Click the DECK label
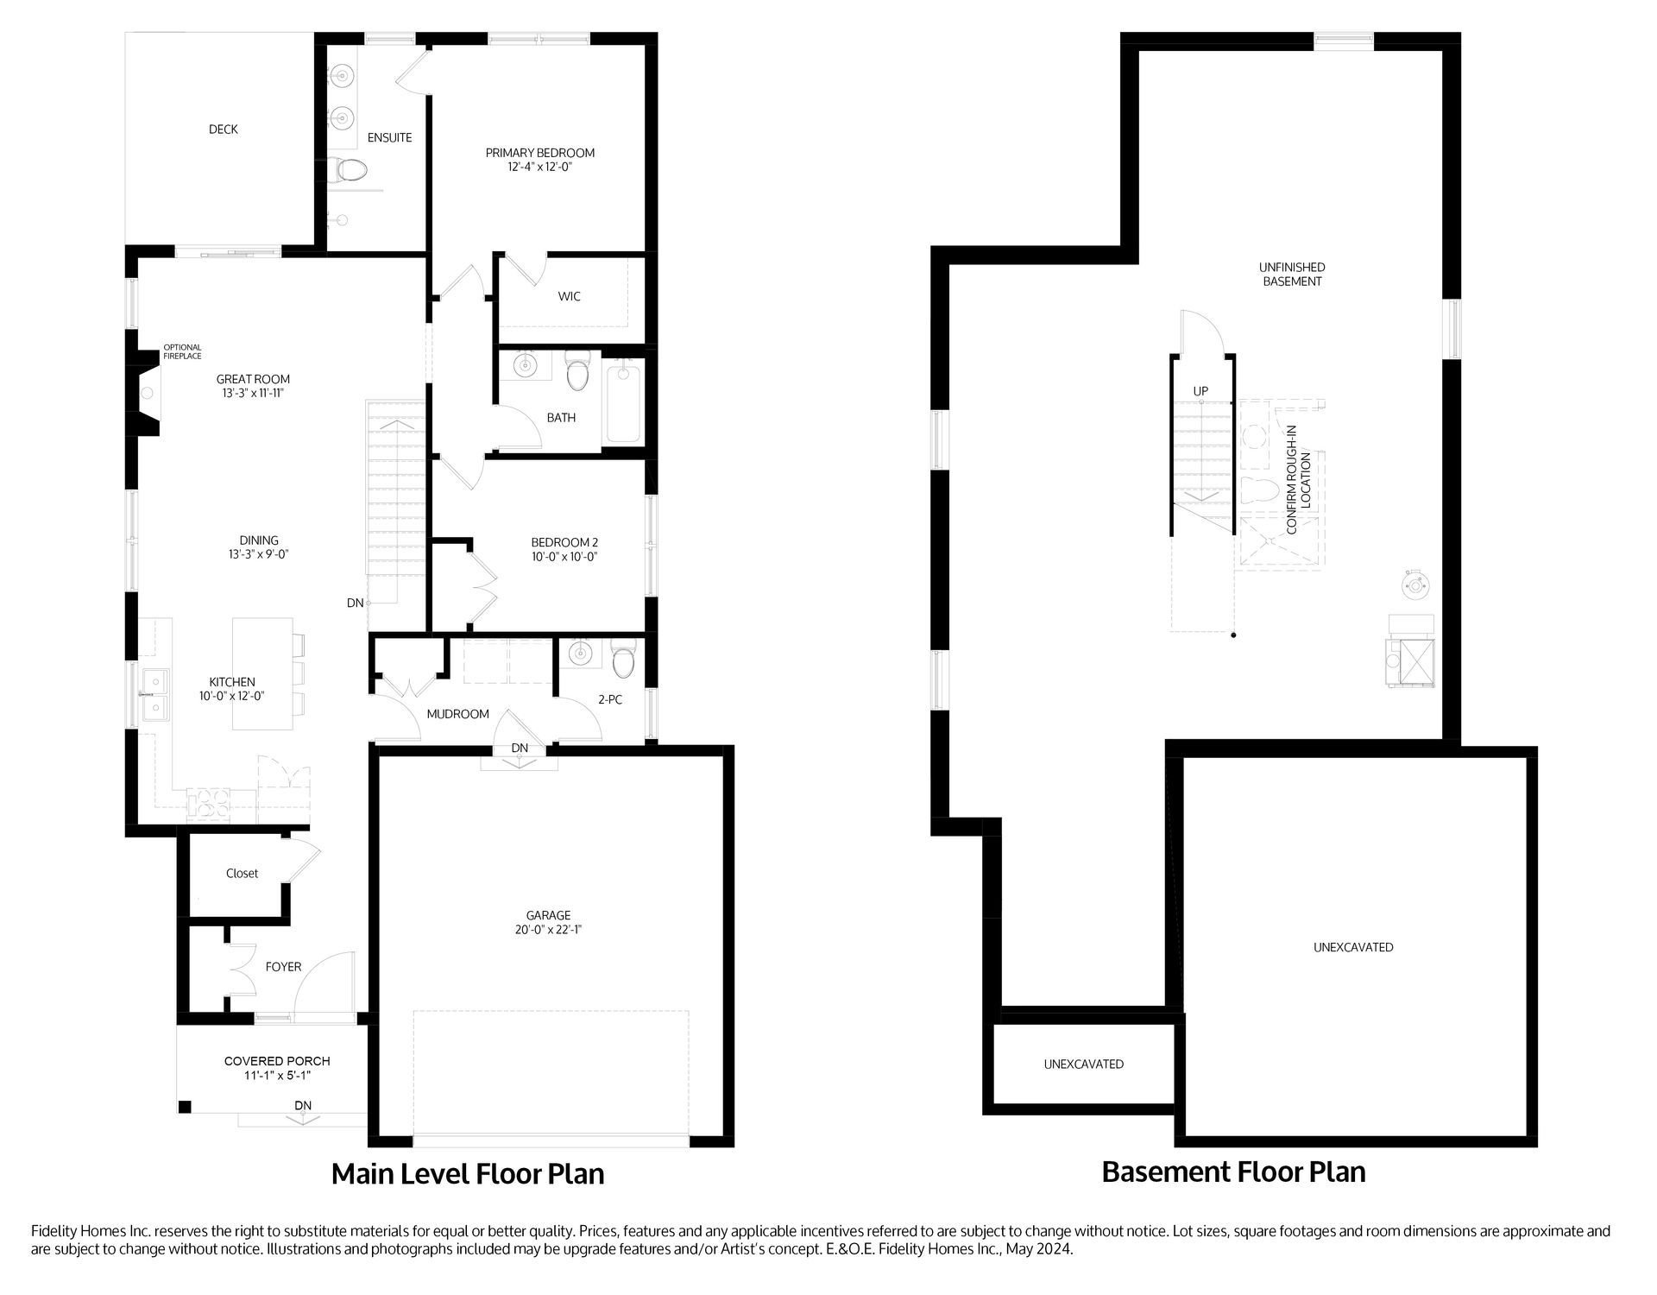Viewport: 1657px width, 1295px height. coord(223,129)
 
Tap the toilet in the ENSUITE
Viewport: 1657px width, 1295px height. coord(350,169)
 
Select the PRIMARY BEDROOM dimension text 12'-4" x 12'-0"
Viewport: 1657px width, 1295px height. coord(539,167)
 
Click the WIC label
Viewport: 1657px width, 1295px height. coord(569,296)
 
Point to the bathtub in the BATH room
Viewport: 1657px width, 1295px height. coord(623,404)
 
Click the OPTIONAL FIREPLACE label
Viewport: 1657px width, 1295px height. coord(182,351)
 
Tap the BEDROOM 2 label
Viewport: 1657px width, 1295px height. coord(564,542)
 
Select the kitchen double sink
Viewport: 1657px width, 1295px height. coord(156,695)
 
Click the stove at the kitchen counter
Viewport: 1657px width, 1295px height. coord(208,803)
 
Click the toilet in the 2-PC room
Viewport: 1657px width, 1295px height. coord(622,660)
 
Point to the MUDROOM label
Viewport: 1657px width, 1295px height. coord(457,714)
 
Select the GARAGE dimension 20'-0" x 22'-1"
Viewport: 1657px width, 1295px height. coord(548,930)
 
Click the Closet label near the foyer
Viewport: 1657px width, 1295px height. coord(242,874)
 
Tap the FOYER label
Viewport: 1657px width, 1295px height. coord(283,967)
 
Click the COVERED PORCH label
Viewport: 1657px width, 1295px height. coord(277,1061)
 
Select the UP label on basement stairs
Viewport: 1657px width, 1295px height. coord(1200,391)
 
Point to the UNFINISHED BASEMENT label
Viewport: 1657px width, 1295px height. coord(1292,275)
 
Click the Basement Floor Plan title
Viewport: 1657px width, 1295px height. coord(1233,1172)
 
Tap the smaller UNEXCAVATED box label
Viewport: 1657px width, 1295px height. coord(1083,1064)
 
